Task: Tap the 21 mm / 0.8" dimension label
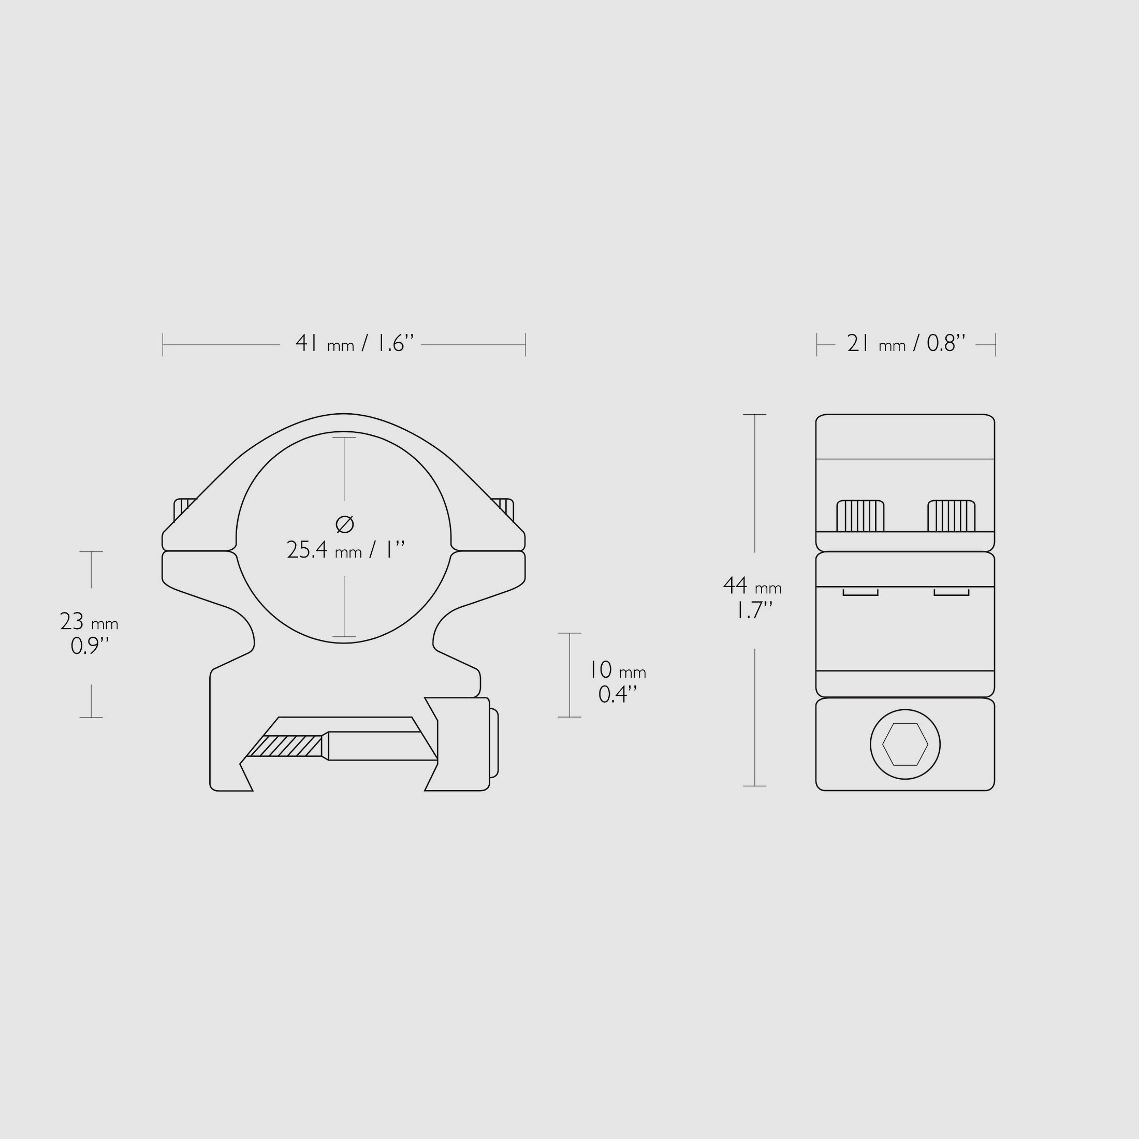click(906, 343)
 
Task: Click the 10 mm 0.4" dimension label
click(617, 682)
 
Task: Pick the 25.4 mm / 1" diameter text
click(345, 550)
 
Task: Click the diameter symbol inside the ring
click(344, 523)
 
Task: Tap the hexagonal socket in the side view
click(905, 744)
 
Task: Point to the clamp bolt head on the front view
click(493, 743)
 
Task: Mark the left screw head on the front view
click(183, 508)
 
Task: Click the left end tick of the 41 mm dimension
click(163, 344)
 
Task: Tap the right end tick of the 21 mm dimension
click(995, 344)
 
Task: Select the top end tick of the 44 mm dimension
click(755, 415)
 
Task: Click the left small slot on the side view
click(860, 592)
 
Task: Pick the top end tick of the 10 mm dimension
click(569, 633)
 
